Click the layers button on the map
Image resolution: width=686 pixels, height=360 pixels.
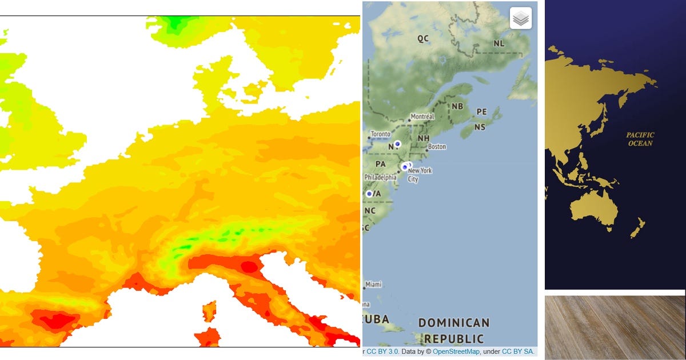pos(520,18)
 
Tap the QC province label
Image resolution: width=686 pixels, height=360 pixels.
pos(422,39)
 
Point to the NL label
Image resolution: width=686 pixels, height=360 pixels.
pos(499,43)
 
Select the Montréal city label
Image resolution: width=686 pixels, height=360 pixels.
pos(422,116)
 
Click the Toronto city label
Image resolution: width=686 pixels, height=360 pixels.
pos(380,134)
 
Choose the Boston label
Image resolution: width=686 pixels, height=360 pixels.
pos(437,147)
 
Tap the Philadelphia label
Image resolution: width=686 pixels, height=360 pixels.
pos(381,177)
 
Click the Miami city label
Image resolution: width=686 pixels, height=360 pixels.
pos(373,284)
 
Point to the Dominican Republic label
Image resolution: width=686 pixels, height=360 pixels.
pos(454,330)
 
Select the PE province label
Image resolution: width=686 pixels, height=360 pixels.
pos(481,112)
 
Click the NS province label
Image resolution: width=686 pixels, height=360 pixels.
pos(480,127)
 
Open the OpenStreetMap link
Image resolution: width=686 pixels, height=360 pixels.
pos(456,351)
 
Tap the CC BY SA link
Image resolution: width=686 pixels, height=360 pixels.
pos(518,351)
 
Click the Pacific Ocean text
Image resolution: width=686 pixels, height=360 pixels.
pos(640,139)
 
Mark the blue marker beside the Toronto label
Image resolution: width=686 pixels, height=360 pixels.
pos(397,143)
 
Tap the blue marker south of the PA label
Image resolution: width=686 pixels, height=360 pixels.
pos(369,194)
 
